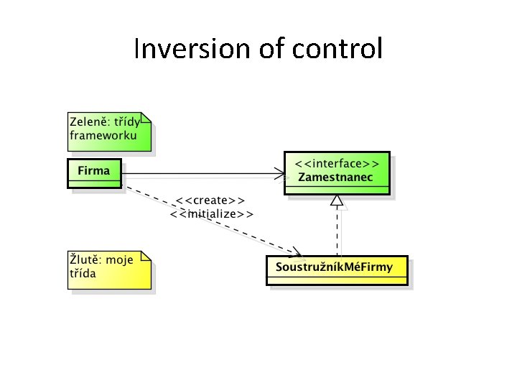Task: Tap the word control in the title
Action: [x=337, y=50]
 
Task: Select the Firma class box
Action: [x=94, y=172]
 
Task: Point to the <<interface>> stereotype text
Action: [x=337, y=164]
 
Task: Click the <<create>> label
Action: [x=212, y=200]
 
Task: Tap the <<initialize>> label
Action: [x=212, y=213]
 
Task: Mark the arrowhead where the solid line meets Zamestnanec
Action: [x=280, y=172]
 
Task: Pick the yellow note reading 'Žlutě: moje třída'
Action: [x=109, y=269]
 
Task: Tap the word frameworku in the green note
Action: [x=103, y=134]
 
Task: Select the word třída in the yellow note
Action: [x=83, y=274]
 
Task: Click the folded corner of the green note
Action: [x=146, y=118]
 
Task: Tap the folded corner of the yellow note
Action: [x=146, y=256]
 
